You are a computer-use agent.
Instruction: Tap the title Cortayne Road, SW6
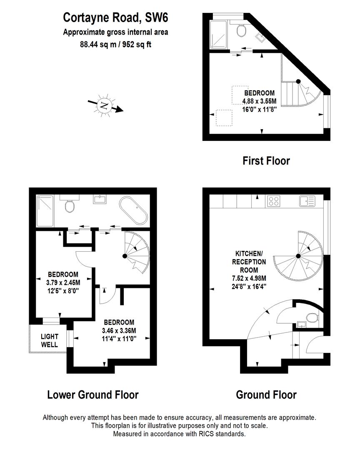tap(115, 18)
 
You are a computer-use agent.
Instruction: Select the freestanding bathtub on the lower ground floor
tap(133, 211)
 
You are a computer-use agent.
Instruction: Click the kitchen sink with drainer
tap(307, 201)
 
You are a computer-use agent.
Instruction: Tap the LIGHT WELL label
tap(50, 340)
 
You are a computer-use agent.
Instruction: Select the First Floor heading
tap(266, 160)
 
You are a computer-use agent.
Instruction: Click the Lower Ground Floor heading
tap(92, 394)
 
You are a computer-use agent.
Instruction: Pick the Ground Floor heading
tap(266, 394)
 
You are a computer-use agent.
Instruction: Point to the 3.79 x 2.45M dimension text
tap(63, 282)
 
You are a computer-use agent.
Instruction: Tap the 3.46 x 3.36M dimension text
tap(119, 330)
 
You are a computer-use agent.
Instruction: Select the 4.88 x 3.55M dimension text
tap(259, 101)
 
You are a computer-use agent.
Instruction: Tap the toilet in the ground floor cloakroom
tap(310, 319)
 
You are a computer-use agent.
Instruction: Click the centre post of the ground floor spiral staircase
tap(298, 256)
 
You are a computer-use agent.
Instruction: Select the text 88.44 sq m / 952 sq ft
tap(115, 45)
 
